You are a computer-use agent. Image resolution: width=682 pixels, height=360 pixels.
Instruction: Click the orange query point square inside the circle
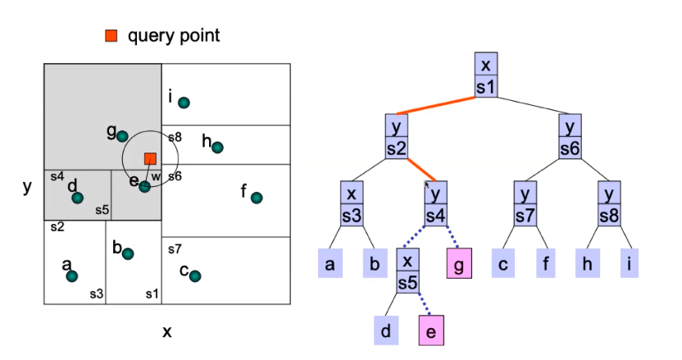150,158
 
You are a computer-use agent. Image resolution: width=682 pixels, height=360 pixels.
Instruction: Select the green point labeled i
184,103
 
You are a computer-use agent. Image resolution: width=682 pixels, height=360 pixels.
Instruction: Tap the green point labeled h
217,148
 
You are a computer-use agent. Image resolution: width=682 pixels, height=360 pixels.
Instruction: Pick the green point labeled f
257,198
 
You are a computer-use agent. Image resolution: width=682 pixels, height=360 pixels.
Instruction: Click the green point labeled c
195,276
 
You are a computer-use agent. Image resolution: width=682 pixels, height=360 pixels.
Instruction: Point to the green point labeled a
72,276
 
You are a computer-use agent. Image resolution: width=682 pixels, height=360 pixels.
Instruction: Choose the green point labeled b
128,253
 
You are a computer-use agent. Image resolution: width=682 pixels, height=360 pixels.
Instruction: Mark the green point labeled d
77,198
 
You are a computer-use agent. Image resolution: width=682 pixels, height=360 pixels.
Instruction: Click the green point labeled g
122,136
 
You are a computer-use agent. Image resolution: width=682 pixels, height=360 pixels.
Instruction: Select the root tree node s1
486,75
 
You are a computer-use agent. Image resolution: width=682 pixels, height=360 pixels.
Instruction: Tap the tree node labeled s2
397,136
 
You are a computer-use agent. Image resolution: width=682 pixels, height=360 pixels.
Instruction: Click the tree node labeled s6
571,136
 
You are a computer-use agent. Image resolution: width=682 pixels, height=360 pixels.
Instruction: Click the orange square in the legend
111,35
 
